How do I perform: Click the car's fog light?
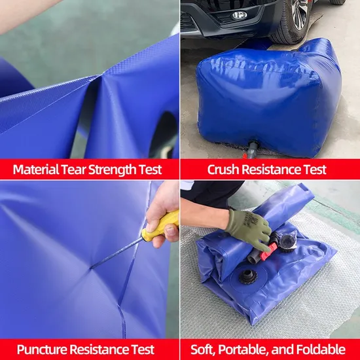click(x=240, y=15)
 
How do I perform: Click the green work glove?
click(x=248, y=228)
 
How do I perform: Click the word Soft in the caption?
click(x=202, y=349)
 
